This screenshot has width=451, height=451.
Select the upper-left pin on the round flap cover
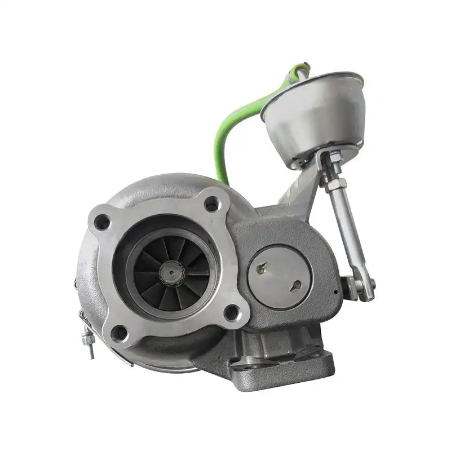pyautogui.click(x=260, y=269)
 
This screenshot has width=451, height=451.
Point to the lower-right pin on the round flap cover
pyautogui.click(x=294, y=288)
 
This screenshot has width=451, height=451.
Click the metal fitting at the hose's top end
pyautogui.click(x=298, y=72)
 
